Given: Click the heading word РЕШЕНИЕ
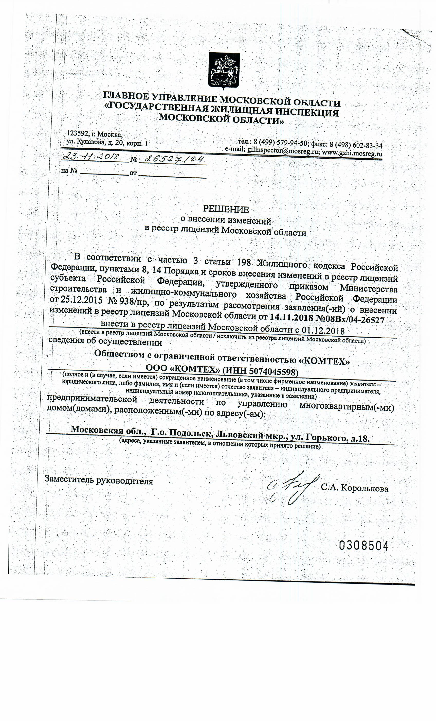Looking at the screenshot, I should click(x=226, y=209).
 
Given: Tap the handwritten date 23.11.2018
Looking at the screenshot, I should click(x=92, y=157).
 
